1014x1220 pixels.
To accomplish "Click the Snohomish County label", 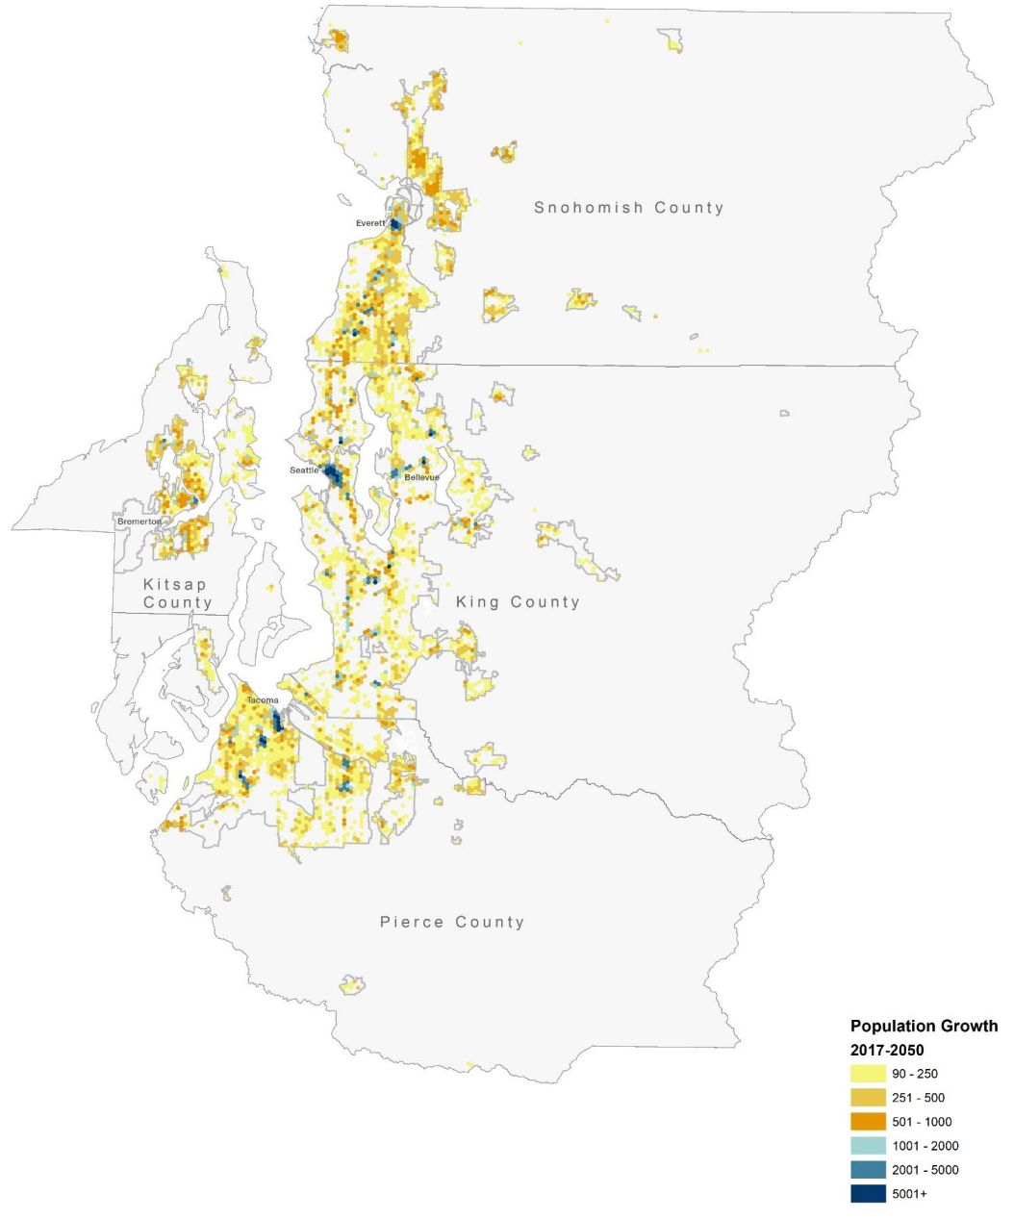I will coord(628,208).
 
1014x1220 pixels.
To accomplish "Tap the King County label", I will coord(518,602).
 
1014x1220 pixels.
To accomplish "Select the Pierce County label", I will coord(452,922).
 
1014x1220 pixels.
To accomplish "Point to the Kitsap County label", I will coord(176,594).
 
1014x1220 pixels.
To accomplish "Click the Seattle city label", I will coord(304,470).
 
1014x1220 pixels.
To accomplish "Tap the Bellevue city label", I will coord(421,477).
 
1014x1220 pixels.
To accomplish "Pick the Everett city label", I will coord(370,223).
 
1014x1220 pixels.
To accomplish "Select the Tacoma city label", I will coord(262,700).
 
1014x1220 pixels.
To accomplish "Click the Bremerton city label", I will coord(139,521).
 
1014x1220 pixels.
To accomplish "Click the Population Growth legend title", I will coord(924,1027).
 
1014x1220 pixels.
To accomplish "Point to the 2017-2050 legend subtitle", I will coord(886,1050).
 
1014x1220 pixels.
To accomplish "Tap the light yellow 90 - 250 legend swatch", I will coord(868,1074).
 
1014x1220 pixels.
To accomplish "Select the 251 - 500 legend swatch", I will coord(868,1098).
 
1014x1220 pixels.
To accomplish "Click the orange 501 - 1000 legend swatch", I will coord(868,1122).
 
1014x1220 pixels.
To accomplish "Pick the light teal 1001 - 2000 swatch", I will coord(868,1146).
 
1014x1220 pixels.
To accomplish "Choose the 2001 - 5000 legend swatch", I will coord(868,1170).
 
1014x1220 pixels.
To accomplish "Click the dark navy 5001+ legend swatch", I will coord(868,1194).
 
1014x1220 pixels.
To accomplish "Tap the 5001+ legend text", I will coord(909,1194).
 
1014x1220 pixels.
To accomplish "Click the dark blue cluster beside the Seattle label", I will coord(332,473).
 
